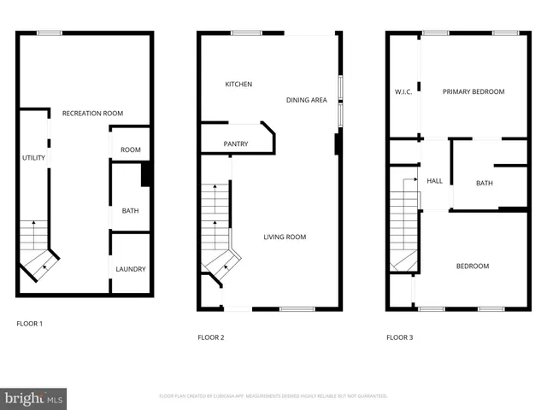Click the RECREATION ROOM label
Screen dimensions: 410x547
[x=92, y=114]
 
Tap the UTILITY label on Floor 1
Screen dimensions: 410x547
[x=33, y=158]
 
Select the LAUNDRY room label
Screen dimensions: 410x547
[x=130, y=269]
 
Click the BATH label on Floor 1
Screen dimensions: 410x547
[x=130, y=211]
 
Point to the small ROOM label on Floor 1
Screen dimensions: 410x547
[x=130, y=150]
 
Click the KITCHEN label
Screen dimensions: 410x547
[x=238, y=85]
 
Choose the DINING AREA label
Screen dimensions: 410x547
[x=306, y=100]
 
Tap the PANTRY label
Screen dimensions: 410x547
[x=235, y=144]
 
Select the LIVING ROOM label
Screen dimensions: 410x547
[x=284, y=237]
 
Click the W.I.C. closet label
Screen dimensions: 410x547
[x=403, y=92]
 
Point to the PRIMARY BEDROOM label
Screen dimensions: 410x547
[x=473, y=92]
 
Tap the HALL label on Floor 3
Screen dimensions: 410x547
[x=434, y=181]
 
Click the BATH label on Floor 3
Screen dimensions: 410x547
[x=485, y=184]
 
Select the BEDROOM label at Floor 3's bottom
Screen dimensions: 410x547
[x=472, y=266]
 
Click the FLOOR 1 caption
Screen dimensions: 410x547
[x=29, y=324]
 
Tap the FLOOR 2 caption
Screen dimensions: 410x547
[x=210, y=337]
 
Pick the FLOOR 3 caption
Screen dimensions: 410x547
[x=399, y=337]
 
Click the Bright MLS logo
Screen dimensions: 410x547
[x=34, y=398]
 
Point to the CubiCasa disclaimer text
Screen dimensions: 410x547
[x=273, y=396]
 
